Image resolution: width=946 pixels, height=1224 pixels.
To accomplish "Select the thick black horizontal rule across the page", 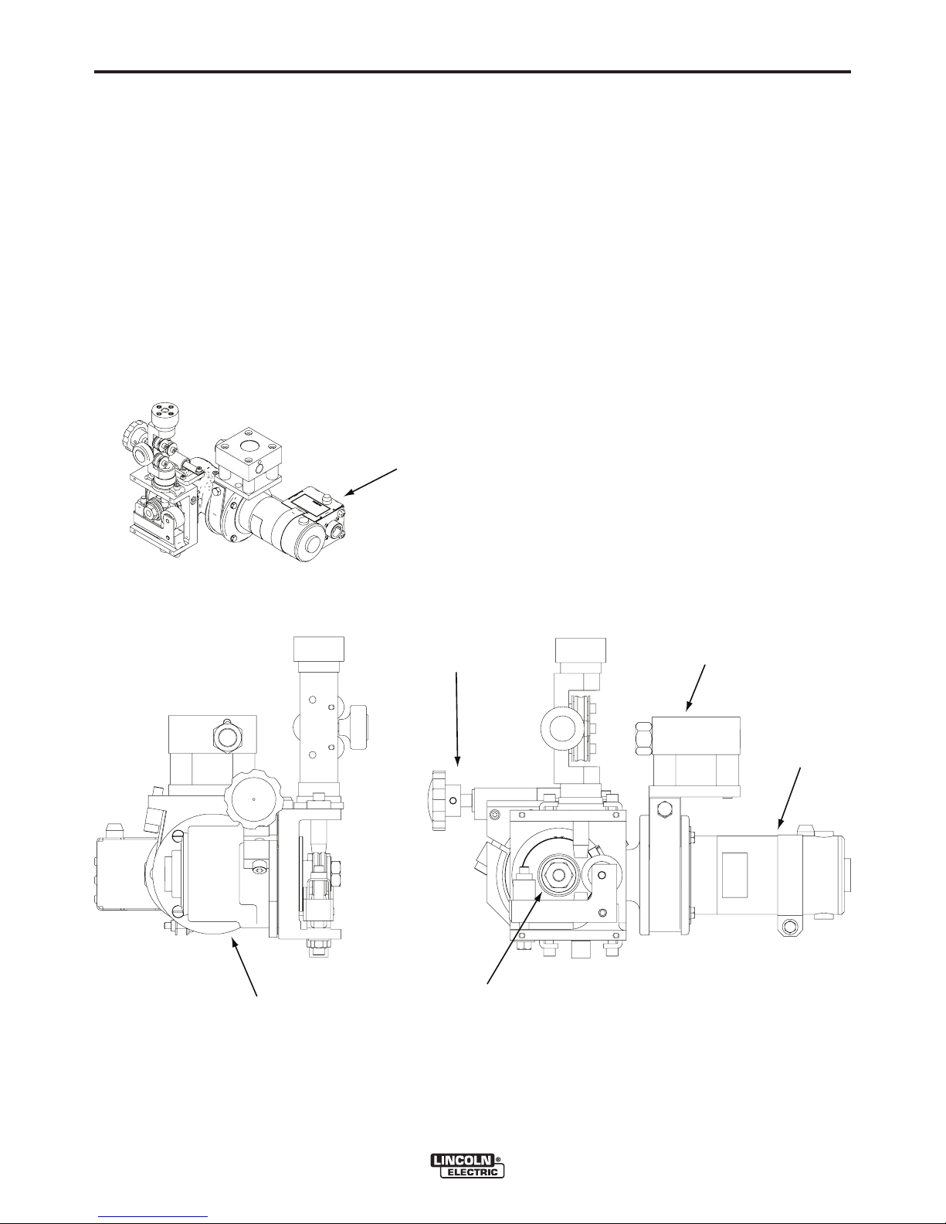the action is click(473, 72).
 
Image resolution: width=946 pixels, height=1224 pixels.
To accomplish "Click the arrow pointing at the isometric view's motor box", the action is click(371, 482).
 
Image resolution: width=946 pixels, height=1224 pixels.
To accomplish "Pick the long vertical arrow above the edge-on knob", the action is click(456, 719).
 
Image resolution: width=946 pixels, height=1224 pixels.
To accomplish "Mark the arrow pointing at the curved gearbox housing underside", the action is click(246, 967).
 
